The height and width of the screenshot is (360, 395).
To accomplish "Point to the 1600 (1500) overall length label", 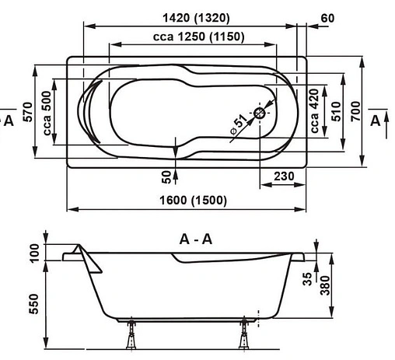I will pyautogui.click(x=186, y=201).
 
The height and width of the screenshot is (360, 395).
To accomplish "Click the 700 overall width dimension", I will pyautogui.click(x=355, y=114).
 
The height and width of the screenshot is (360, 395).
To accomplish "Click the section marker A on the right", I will pyautogui.click(x=376, y=120).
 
